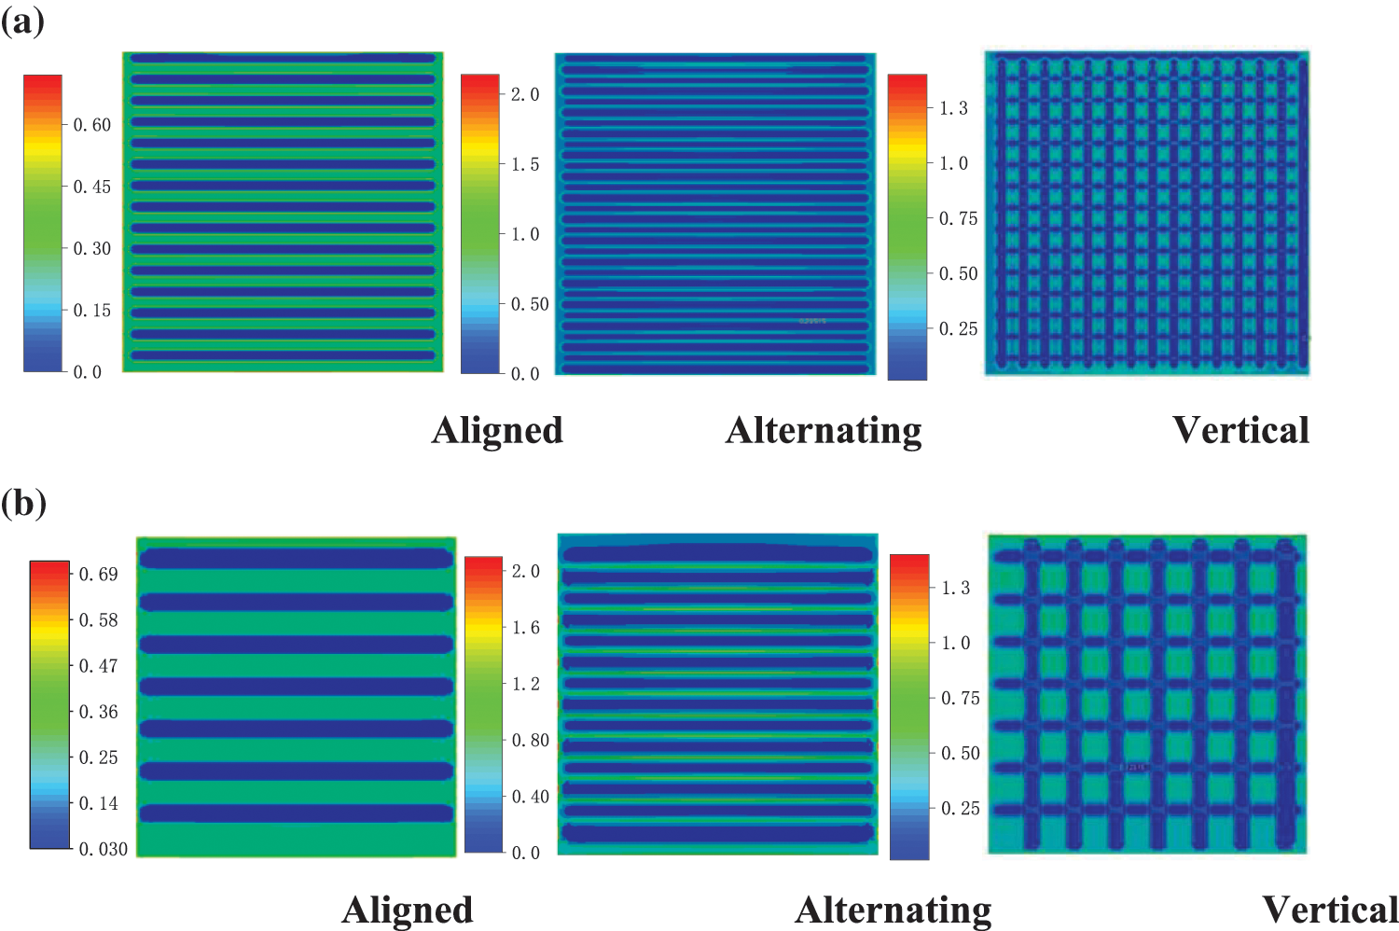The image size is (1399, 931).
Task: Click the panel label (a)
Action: pyautogui.click(x=22, y=20)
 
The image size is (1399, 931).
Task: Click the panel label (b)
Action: pyautogui.click(x=23, y=503)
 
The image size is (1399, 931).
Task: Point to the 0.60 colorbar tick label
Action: pyautogui.click(x=91, y=125)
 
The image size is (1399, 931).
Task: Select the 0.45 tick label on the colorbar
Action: pyautogui.click(x=91, y=187)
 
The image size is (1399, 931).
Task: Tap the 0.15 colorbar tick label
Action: pyautogui.click(x=91, y=311)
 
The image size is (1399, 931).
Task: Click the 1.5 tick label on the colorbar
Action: pyautogui.click(x=525, y=164)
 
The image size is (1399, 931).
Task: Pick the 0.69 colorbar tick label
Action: pyautogui.click(x=98, y=575)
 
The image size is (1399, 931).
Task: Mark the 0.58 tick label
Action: pyautogui.click(x=98, y=620)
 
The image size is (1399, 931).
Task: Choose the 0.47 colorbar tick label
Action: pyautogui.click(x=98, y=666)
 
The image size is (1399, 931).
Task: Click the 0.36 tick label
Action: pyautogui.click(x=98, y=712)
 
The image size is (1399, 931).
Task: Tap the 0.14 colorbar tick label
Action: pyautogui.click(x=98, y=803)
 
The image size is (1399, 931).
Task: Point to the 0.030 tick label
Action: pyautogui.click(x=103, y=849)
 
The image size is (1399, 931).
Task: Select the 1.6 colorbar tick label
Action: pyautogui.click(x=526, y=628)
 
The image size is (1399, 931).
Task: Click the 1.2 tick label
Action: pyautogui.click(x=526, y=684)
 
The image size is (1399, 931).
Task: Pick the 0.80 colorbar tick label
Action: pyautogui.click(x=531, y=741)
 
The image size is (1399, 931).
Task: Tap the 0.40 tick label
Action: pyautogui.click(x=531, y=797)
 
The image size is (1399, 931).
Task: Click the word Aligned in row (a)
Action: pyautogui.click(x=497, y=430)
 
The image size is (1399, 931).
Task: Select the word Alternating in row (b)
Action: pyautogui.click(x=893, y=910)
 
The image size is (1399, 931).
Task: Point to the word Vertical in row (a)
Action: pyautogui.click(x=1240, y=430)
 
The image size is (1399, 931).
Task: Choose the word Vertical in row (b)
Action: pyautogui.click(x=1330, y=910)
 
